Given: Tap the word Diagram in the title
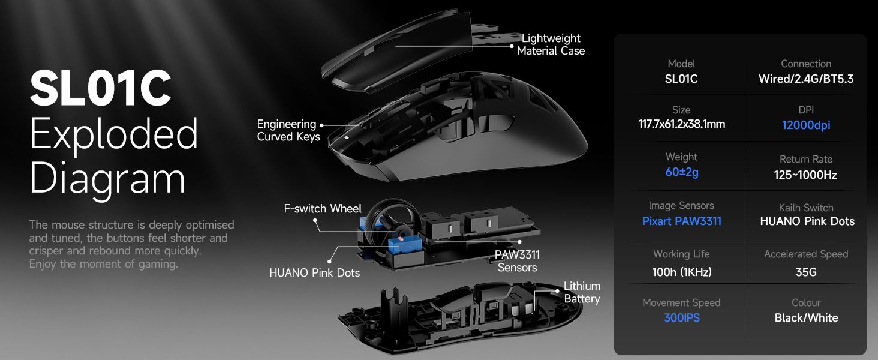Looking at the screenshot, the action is coord(107,179).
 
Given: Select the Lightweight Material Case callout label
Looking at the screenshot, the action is coord(551,44).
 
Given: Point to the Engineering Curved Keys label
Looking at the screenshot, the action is coord(288,130).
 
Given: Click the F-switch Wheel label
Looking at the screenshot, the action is coord(323,209).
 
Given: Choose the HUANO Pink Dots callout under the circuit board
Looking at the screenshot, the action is coord(314,272).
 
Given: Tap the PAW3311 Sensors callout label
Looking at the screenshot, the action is coord(517,261).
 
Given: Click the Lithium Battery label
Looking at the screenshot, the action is coord(582,292).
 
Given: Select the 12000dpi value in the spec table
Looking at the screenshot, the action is coord(806,125).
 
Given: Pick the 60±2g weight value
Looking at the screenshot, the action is coord(682,172).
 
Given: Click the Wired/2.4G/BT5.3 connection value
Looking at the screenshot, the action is coord(806,79).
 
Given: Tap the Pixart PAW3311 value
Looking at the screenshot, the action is coord(682,221).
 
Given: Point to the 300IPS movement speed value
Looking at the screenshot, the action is coord(682,317).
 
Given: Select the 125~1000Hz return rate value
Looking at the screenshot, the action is coord(805,175).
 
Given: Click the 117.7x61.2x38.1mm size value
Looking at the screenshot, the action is coord(682,124).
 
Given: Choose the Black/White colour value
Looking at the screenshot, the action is coord(806,317).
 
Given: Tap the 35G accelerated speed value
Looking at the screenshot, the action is coord(806,272).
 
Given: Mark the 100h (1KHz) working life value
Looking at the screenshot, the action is coord(682,272).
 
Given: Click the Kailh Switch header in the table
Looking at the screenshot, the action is coord(806,208).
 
